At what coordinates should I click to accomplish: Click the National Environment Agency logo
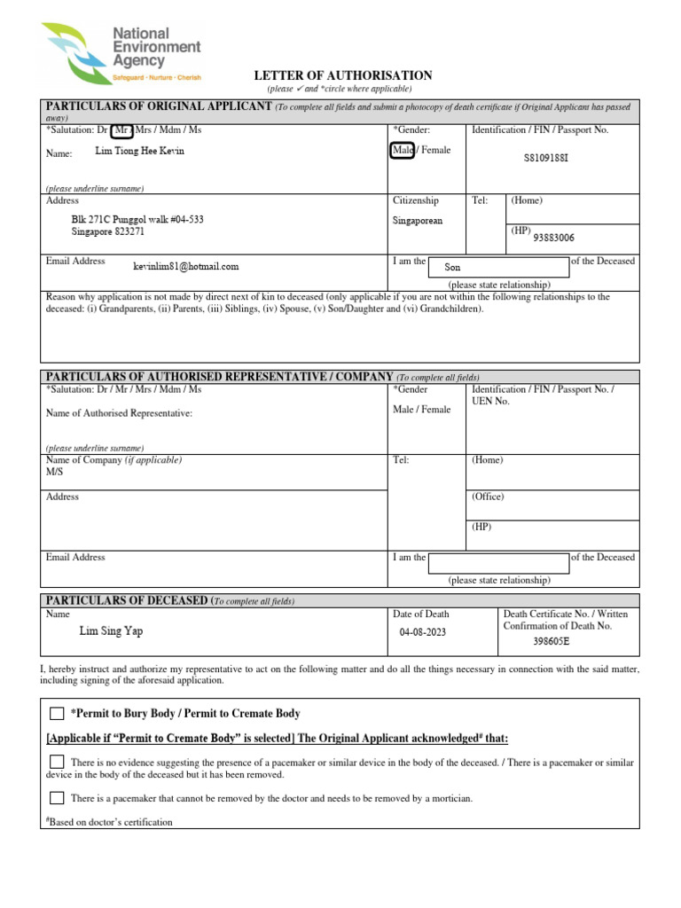pos(121,52)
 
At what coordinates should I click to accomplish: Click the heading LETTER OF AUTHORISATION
pos(343,76)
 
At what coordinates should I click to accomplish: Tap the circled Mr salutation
pos(122,130)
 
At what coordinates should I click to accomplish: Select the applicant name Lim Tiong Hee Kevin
pos(139,152)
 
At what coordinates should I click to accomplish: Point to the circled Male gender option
pos(402,151)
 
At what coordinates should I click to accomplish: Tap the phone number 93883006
pos(553,238)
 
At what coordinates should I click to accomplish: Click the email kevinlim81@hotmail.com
pos(185,266)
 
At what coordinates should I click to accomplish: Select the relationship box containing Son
pos(498,267)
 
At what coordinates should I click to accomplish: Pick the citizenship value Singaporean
pos(417,221)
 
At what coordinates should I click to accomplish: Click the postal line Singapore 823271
pos(108,232)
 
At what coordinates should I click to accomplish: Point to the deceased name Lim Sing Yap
pos(111,631)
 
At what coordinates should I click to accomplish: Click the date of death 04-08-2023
pos(428,632)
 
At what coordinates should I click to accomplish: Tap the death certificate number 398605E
pos(551,641)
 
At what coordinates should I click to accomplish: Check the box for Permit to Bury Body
pos(57,714)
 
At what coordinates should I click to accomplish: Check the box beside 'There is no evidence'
pos(57,762)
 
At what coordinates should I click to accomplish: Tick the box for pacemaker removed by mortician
pos(57,798)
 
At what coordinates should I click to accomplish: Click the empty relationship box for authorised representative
pos(498,563)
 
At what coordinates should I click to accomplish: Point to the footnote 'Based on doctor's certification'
pos(110,822)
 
